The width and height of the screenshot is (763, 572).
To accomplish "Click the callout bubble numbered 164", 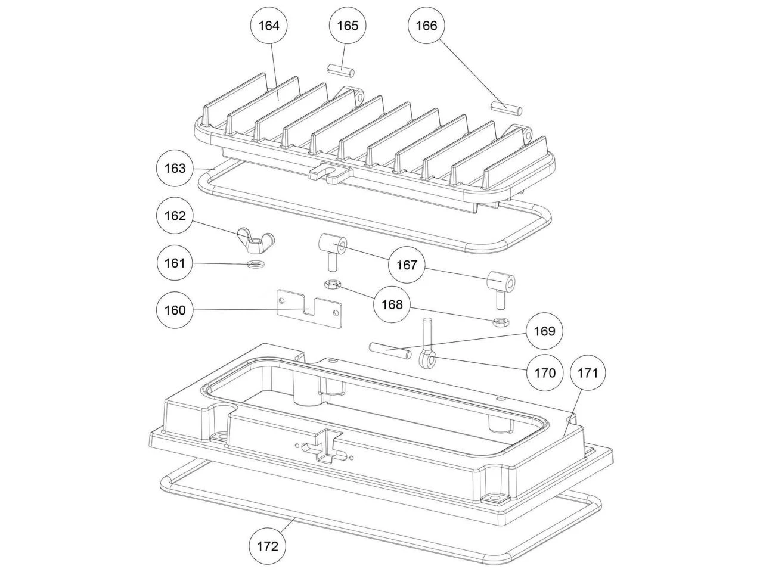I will click(269, 26).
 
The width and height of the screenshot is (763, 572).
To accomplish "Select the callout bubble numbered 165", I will click(348, 26).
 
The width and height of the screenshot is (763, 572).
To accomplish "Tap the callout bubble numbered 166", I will click(426, 26).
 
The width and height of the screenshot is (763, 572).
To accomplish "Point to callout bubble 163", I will click(175, 169).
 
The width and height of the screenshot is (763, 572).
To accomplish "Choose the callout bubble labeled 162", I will click(175, 216).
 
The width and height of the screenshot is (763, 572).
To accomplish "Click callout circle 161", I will click(175, 263).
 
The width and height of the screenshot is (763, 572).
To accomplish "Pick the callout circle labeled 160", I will click(175, 310).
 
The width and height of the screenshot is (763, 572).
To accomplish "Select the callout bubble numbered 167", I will click(407, 265).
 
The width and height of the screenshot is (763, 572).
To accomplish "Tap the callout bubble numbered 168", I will click(392, 304).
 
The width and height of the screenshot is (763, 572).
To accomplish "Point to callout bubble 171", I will click(587, 373).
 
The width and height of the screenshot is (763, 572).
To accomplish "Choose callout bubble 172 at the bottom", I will click(267, 546).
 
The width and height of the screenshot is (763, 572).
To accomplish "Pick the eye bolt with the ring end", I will click(427, 352).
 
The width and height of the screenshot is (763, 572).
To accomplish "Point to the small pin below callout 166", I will click(507, 107).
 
